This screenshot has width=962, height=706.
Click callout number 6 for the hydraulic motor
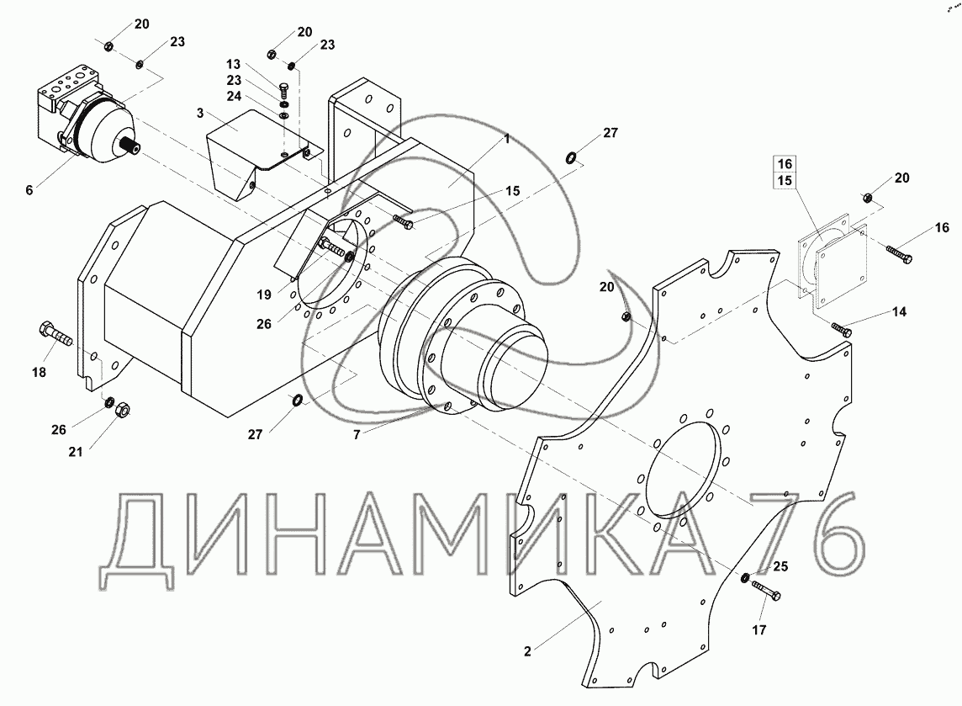[29, 191]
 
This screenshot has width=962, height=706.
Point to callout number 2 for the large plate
[526, 650]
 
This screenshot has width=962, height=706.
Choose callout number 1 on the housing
[506, 138]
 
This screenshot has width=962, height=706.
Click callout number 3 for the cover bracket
[200, 113]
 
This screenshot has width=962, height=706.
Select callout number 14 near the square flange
[899, 312]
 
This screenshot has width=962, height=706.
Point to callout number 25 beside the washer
[780, 566]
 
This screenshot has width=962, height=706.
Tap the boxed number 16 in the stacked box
[784, 164]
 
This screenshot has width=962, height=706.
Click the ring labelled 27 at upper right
[572, 156]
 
